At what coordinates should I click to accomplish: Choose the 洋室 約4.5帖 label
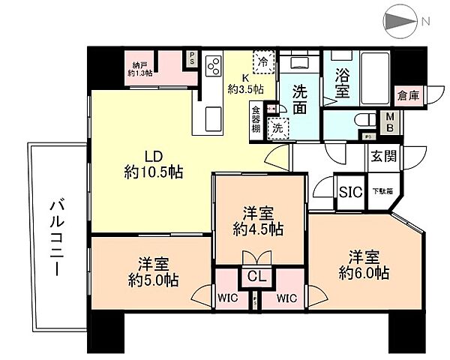(x=257, y=219)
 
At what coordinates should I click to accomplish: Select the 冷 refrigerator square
(x=264, y=60)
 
